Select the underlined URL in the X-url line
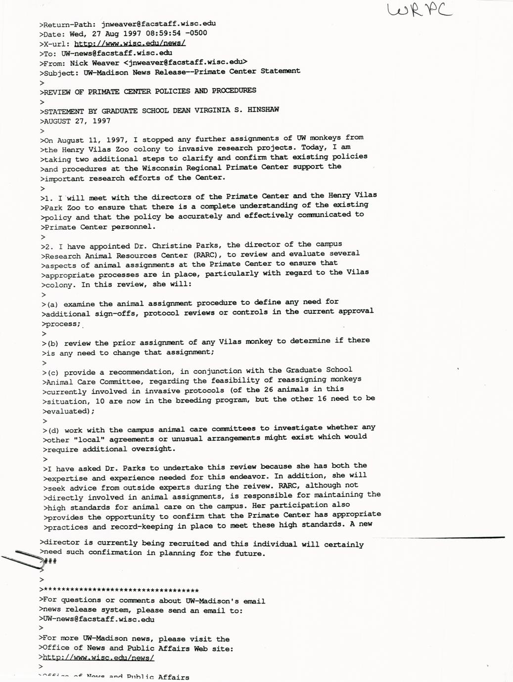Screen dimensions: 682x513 pos(130,43)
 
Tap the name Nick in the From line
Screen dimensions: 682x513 pos(78,63)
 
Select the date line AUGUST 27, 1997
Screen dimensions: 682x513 pos(77,121)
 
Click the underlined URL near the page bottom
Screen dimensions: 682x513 pos(98,658)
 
